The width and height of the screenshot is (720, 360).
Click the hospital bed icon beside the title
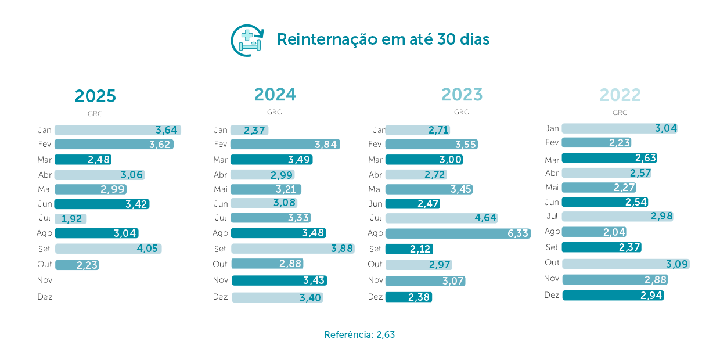[247, 40]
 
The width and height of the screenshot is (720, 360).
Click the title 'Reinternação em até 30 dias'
[383, 39]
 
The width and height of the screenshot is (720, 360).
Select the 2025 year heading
[95, 96]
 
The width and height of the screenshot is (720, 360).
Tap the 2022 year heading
[620, 95]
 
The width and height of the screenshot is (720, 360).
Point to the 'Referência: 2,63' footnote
[359, 334]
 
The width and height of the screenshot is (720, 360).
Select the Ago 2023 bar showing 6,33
[458, 233]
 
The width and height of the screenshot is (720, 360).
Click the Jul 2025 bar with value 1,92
[70, 219]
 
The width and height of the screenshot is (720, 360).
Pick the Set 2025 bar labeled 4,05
[108, 249]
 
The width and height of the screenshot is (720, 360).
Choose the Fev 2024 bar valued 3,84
[285, 144]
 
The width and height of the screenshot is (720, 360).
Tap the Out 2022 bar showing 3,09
[625, 264]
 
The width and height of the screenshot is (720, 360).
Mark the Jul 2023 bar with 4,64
[441, 218]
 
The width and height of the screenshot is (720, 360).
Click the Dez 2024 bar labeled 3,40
[277, 297]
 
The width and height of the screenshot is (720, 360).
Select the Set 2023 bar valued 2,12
[409, 249]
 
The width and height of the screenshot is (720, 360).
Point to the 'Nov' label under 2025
[45, 280]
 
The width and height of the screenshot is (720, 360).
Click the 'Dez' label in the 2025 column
[45, 297]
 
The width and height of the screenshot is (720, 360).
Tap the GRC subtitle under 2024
[275, 112]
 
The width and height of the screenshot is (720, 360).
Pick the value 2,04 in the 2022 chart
[614, 232]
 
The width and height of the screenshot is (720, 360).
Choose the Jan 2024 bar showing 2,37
[249, 130]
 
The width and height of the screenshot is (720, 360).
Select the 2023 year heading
[462, 94]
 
